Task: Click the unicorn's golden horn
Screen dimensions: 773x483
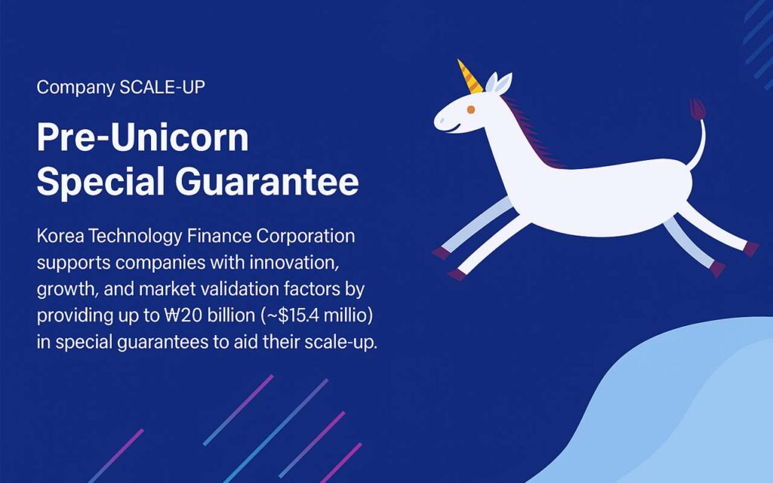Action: pos(470,78)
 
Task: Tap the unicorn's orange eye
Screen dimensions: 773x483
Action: pos(471,109)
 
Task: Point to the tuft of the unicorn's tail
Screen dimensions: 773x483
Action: pos(698,109)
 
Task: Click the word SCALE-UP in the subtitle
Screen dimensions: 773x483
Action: pos(162,88)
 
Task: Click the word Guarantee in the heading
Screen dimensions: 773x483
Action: pos(266,181)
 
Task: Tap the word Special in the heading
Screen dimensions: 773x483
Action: pos(100,183)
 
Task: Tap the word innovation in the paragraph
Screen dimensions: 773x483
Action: pos(294,263)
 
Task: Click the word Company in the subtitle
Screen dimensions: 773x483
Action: pos(76,88)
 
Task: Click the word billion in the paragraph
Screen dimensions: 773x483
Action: pos(231,315)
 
